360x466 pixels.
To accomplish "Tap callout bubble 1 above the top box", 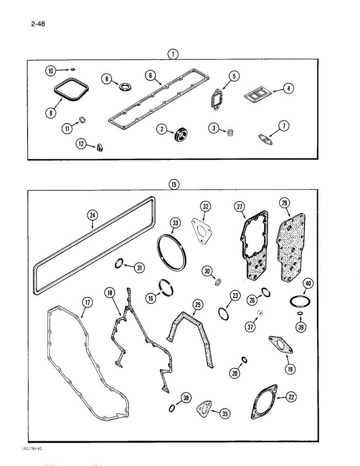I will [x=173, y=55].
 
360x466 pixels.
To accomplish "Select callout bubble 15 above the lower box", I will [x=173, y=185].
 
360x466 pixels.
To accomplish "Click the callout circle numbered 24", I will [x=92, y=215].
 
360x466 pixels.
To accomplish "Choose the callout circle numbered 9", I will [x=52, y=113].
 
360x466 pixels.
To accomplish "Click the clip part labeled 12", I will [x=100, y=148].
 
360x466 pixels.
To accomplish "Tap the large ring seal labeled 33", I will [x=171, y=253].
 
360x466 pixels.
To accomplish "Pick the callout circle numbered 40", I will [x=307, y=283].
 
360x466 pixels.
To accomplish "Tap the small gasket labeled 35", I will [x=204, y=407].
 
